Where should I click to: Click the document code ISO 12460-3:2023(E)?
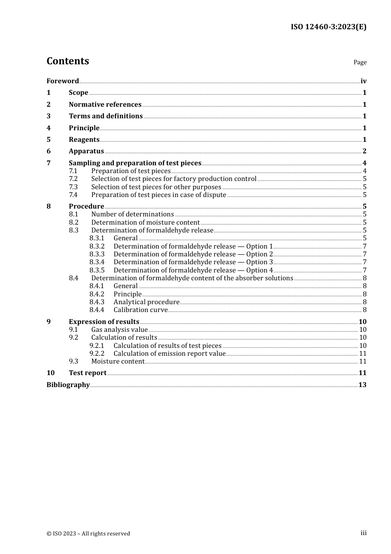[328, 27]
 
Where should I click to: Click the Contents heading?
[67, 61]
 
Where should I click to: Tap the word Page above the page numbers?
[360, 62]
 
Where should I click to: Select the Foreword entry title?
[63, 81]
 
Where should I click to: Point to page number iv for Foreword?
[363, 81]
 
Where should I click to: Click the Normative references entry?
[105, 104]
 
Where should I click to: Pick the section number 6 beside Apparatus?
[49, 151]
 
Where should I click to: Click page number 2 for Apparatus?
[364, 151]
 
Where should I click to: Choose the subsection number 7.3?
[73, 187]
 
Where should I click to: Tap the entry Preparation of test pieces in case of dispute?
[158, 195]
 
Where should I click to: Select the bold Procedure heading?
[86, 206]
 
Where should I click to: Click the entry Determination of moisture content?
[145, 222]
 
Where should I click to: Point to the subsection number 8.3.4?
[97, 262]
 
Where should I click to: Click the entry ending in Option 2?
[193, 254]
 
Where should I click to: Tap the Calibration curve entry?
[141, 310]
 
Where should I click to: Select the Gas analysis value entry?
[119, 329]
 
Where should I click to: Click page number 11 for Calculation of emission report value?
[363, 353]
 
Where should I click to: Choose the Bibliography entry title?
[68, 385]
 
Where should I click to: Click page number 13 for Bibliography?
[362, 385]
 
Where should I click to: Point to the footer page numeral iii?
[363, 533]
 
